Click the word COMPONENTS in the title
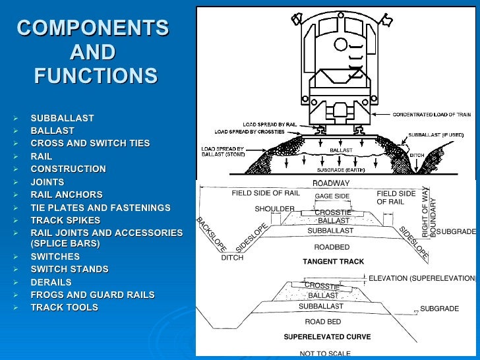coord(93,29)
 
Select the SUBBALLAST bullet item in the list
coord(62,118)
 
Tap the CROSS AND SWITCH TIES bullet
coord(90,143)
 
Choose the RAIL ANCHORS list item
coord(67,195)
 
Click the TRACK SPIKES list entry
coord(65,220)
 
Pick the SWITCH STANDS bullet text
coord(69,269)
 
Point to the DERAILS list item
coord(51,282)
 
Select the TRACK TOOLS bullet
coord(64,307)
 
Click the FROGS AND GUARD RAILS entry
coord(92,295)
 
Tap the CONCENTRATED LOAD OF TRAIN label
coord(433,115)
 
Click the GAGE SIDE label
coord(332,196)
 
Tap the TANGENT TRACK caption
coord(333,262)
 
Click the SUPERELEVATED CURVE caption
coord(327,337)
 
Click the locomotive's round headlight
coord(341,45)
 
